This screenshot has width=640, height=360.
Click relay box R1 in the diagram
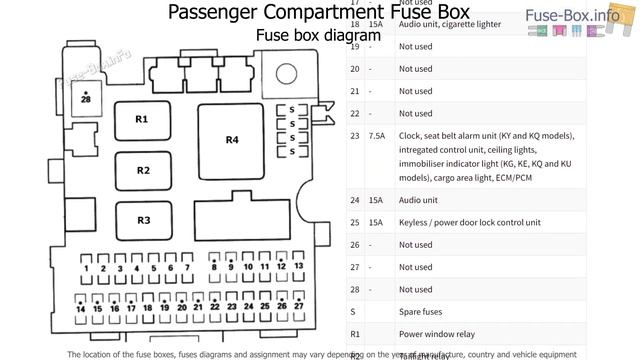[141, 120]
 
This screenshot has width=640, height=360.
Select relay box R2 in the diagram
[143, 170]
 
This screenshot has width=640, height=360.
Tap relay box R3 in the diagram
[143, 220]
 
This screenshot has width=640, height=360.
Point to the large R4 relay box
[231, 140]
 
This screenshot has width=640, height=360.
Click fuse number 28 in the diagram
[86, 99]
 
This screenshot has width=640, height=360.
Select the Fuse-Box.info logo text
[588, 14]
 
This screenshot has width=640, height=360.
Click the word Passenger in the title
[210, 12]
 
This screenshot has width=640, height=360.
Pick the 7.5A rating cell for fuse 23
[376, 135]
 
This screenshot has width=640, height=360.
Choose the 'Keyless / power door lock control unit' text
[469, 222]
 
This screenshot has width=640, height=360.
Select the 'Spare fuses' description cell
[426, 311]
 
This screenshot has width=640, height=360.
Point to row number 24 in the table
[354, 200]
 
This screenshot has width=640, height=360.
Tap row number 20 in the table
[354, 69]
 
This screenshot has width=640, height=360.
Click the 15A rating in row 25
[376, 222]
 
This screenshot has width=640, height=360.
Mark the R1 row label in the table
[354, 334]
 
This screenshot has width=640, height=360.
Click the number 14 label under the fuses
[81, 309]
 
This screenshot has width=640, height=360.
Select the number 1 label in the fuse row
[87, 268]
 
